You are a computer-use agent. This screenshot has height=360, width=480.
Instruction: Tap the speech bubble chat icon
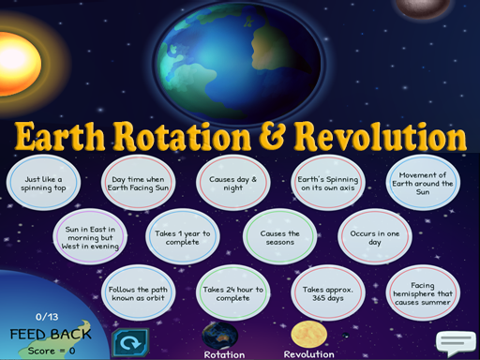[x=456, y=344]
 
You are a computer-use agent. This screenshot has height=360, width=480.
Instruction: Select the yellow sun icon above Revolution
[x=307, y=335]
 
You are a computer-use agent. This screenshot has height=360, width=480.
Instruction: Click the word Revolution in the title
[x=380, y=138]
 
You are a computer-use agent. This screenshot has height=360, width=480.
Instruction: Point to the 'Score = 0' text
[x=51, y=349]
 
